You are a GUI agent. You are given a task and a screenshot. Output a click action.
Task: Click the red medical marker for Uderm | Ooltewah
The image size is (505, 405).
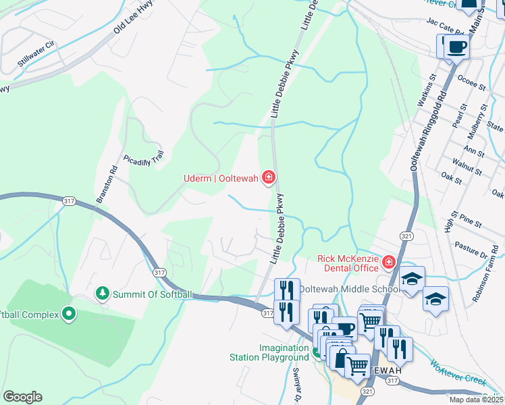point(268,178)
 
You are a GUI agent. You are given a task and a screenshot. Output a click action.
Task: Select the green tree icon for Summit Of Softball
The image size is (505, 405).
point(102,294)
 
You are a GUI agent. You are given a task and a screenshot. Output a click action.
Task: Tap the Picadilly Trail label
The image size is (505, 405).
point(144,160)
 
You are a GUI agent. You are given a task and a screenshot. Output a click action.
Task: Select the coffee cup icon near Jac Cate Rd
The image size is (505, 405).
point(457,47)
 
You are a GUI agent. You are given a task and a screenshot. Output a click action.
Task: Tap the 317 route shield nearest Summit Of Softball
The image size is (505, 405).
point(159,272)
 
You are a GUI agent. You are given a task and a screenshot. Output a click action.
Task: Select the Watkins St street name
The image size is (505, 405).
point(424,97)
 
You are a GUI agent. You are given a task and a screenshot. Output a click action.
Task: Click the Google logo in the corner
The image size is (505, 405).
point(22,397)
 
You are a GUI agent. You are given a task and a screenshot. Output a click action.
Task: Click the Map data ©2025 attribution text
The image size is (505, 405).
point(476,400)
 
